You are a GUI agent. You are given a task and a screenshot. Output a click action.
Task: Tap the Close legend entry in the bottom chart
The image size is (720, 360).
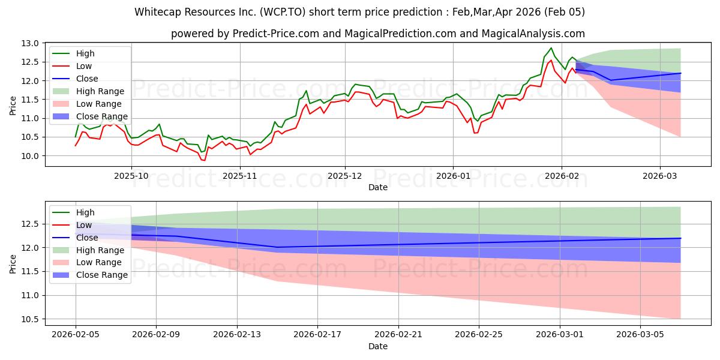88,237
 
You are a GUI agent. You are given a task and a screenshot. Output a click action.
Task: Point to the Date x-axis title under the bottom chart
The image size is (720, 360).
378,346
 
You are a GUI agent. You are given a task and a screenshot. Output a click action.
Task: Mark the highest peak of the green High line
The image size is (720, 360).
551,48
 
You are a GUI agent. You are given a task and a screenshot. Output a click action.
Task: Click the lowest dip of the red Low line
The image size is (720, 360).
204,160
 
